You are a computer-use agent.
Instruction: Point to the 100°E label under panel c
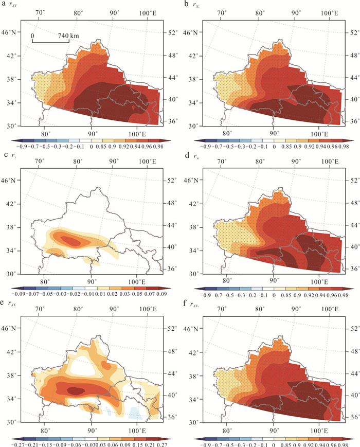(137, 281)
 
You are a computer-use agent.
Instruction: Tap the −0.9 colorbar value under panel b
(200, 147)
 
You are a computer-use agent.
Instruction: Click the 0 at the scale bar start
(32, 35)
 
